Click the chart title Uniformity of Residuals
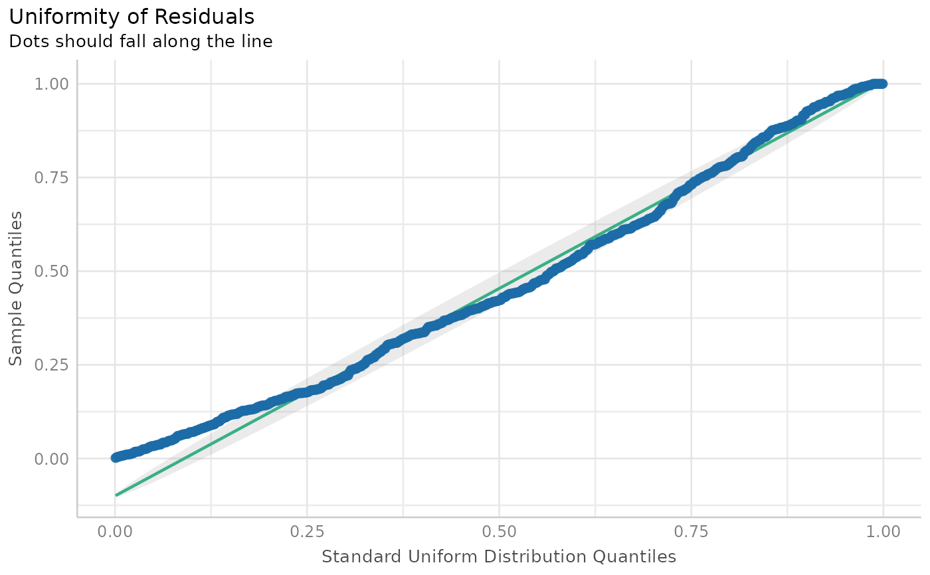(132, 16)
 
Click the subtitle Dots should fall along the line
(140, 42)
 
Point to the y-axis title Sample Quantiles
(16, 289)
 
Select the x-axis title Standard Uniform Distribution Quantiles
(498, 556)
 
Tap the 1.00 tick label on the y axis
(51, 84)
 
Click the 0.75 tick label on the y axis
(51, 177)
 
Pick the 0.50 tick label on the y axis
(51, 271)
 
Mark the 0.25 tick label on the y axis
(51, 365)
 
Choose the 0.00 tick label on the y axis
(51, 458)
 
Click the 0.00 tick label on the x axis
(115, 531)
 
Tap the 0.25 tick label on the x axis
(307, 531)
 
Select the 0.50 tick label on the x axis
(499, 531)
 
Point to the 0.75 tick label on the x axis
(691, 531)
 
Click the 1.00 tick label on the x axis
(883, 531)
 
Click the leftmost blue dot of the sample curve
(116, 457)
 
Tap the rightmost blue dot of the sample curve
(882, 84)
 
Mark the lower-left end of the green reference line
(116, 495)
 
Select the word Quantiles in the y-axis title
(16, 257)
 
